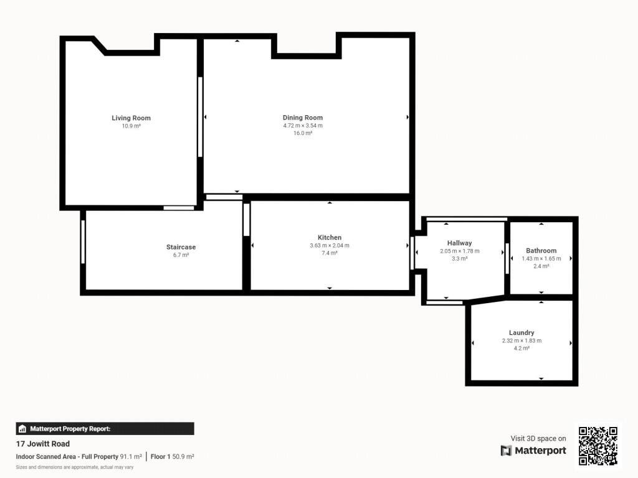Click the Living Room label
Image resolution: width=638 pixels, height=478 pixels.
[x=131, y=118]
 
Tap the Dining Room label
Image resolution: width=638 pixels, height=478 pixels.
[x=303, y=118]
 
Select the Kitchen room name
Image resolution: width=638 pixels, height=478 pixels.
[x=330, y=237]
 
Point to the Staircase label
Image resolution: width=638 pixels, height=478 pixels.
[x=181, y=246]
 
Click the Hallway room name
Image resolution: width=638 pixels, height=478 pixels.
[x=459, y=243]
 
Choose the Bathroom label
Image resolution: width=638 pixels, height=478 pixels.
[x=541, y=250]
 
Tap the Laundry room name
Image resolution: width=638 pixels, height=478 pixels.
[x=521, y=332]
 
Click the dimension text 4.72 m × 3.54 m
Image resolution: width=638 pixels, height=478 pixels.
[x=303, y=126]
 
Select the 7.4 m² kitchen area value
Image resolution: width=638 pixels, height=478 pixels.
[x=330, y=253]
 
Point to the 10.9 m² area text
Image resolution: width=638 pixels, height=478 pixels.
[x=131, y=126]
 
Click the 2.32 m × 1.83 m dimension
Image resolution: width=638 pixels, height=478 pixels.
[x=521, y=340]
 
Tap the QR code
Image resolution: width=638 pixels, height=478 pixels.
[x=598, y=446]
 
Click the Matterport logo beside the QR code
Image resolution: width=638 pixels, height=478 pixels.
[x=533, y=451]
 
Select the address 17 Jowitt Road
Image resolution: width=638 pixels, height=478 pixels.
[x=43, y=444]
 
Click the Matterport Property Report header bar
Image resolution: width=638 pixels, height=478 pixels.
[x=105, y=429]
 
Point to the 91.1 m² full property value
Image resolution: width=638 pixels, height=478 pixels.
[x=131, y=456]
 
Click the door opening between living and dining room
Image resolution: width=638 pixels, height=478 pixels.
[x=200, y=117]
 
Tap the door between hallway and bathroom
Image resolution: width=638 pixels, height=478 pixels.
[x=507, y=258]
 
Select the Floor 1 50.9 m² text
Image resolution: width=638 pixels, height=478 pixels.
[x=172, y=456]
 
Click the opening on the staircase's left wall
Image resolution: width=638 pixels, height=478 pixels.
[x=83, y=242]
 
